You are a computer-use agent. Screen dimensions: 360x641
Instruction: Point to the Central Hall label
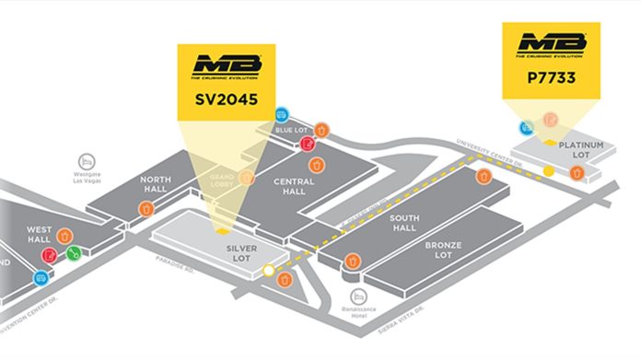pos(295,187)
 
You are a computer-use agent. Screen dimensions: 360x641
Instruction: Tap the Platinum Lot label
pos(580,150)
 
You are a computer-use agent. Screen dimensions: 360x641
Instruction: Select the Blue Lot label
pos(289,131)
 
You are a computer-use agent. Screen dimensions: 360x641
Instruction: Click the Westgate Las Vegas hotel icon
pos(88,159)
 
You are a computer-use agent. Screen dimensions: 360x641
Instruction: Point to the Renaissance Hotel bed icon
pos(359,296)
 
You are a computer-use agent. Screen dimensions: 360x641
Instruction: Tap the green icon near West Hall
pos(74,252)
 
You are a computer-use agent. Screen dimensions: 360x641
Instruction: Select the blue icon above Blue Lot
pos(282,115)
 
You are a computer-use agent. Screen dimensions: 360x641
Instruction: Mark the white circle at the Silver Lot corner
pos(268,272)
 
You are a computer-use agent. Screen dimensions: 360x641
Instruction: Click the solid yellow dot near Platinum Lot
pos(549,171)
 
